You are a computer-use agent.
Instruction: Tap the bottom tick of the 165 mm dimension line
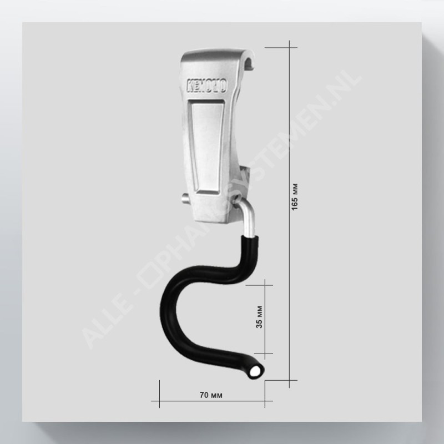pos(289,380)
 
